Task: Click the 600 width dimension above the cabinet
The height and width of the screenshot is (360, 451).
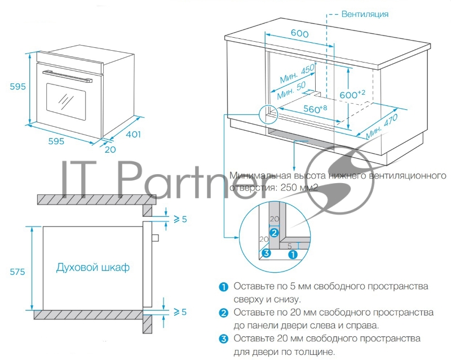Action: [299, 34]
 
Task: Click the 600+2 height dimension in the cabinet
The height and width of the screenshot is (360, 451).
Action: [353, 95]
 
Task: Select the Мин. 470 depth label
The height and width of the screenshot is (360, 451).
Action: [382, 127]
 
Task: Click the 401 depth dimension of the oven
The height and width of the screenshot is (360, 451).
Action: [133, 134]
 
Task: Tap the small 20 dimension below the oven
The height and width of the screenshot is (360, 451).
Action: [110, 150]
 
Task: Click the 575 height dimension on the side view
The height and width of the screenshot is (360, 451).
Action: [17, 272]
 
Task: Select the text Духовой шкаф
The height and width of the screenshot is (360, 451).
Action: [92, 267]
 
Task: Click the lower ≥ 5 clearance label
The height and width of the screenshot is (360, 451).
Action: [179, 311]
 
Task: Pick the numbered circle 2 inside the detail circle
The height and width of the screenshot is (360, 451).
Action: [273, 232]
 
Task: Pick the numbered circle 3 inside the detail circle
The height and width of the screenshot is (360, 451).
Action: [267, 255]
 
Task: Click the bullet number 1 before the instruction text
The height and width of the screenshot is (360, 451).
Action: [224, 287]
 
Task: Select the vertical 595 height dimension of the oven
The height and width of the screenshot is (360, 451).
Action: [17, 87]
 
